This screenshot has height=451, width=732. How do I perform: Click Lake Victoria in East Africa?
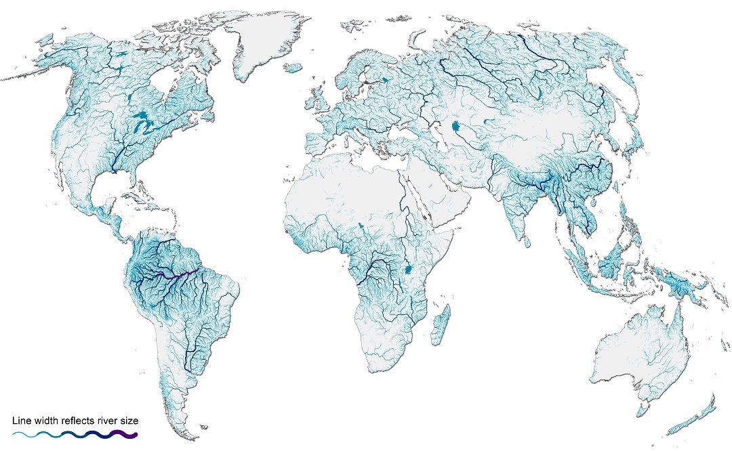(x=409, y=269)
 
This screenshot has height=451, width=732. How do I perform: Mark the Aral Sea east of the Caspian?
(x=456, y=127)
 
